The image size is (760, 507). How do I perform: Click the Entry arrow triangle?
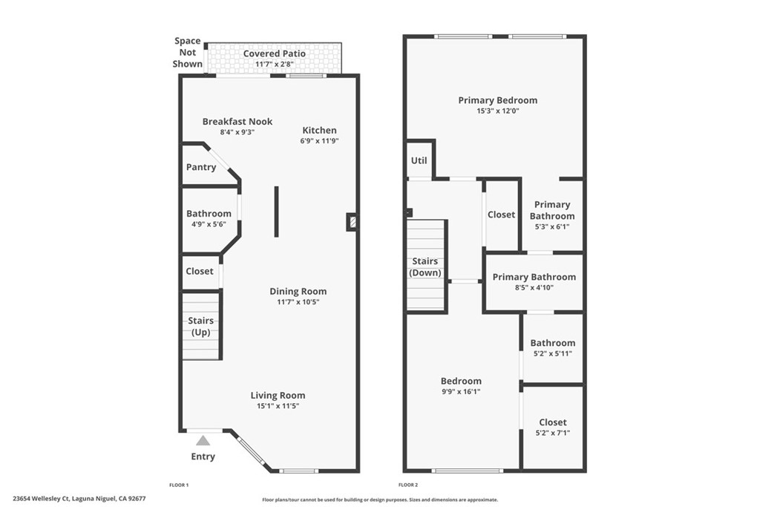click(x=203, y=441)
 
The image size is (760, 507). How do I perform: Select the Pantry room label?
click(x=201, y=167)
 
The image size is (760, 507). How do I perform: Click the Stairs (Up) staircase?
click(x=201, y=326)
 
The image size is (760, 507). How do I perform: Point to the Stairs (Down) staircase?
click(x=426, y=266)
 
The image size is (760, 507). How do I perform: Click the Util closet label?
click(x=419, y=160)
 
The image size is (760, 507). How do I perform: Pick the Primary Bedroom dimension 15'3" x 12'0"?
click(x=498, y=111)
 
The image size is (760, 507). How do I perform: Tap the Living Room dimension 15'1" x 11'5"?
click(x=278, y=406)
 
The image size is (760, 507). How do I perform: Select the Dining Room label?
click(x=298, y=291)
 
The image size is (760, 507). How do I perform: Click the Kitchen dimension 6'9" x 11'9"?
click(x=319, y=141)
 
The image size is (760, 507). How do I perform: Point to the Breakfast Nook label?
click(x=237, y=121)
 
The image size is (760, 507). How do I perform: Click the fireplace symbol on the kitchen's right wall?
click(x=353, y=221)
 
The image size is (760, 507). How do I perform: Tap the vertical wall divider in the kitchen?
click(x=277, y=212)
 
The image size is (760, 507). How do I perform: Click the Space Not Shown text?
click(x=187, y=53)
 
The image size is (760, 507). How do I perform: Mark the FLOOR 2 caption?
click(x=408, y=485)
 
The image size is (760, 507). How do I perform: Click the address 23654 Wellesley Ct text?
click(x=79, y=499)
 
